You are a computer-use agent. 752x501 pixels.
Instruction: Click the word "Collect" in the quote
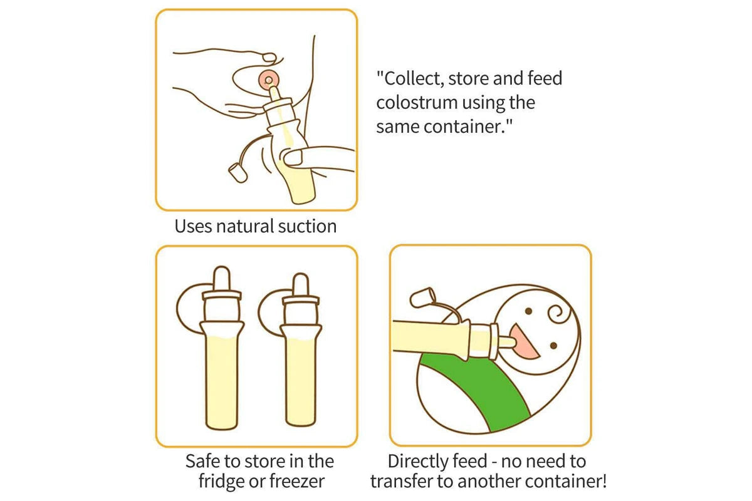point(409,80)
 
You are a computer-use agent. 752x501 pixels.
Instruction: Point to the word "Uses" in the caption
point(194,226)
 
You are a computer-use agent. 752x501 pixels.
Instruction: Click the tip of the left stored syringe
point(222,276)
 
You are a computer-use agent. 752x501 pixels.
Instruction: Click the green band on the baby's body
point(495,391)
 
